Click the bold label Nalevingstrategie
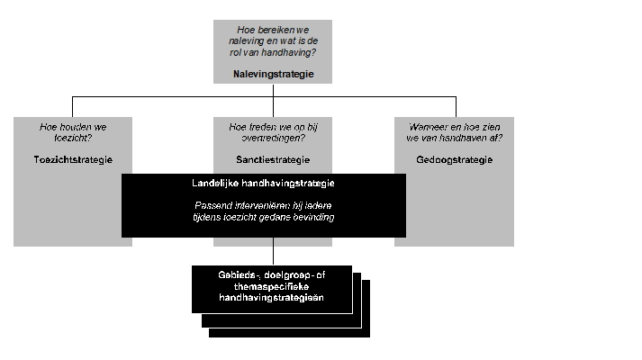pos(273,74)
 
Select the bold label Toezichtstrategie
pos(73,159)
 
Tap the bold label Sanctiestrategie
pos(273,159)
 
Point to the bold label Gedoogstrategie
pos(455,159)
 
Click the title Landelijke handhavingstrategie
pos(264,184)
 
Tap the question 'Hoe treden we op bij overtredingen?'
pos(273,133)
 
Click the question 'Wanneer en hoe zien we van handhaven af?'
pos(455,133)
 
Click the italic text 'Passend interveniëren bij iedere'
pos(264,206)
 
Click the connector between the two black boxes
pos(274,251)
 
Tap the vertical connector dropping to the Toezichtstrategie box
pos(73,106)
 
